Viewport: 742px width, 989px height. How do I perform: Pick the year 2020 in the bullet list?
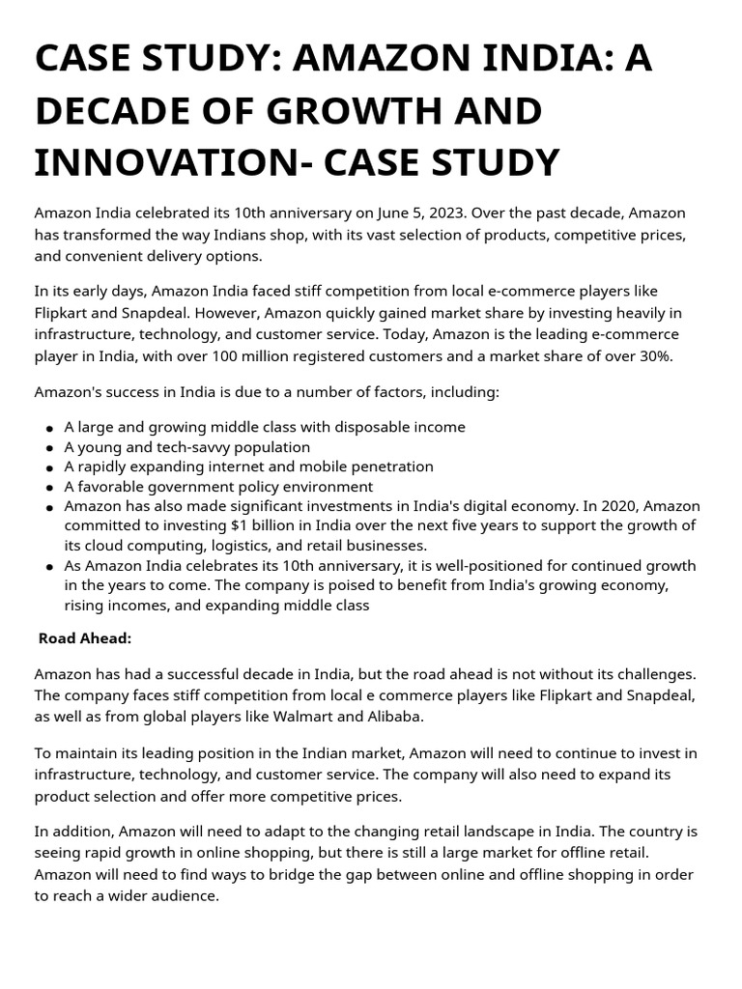tap(617, 506)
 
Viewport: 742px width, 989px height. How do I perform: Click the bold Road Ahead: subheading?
tap(85, 638)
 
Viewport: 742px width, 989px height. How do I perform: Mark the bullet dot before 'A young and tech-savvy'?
tap(48, 448)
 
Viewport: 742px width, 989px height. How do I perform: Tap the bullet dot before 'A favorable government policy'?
tap(48, 488)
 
